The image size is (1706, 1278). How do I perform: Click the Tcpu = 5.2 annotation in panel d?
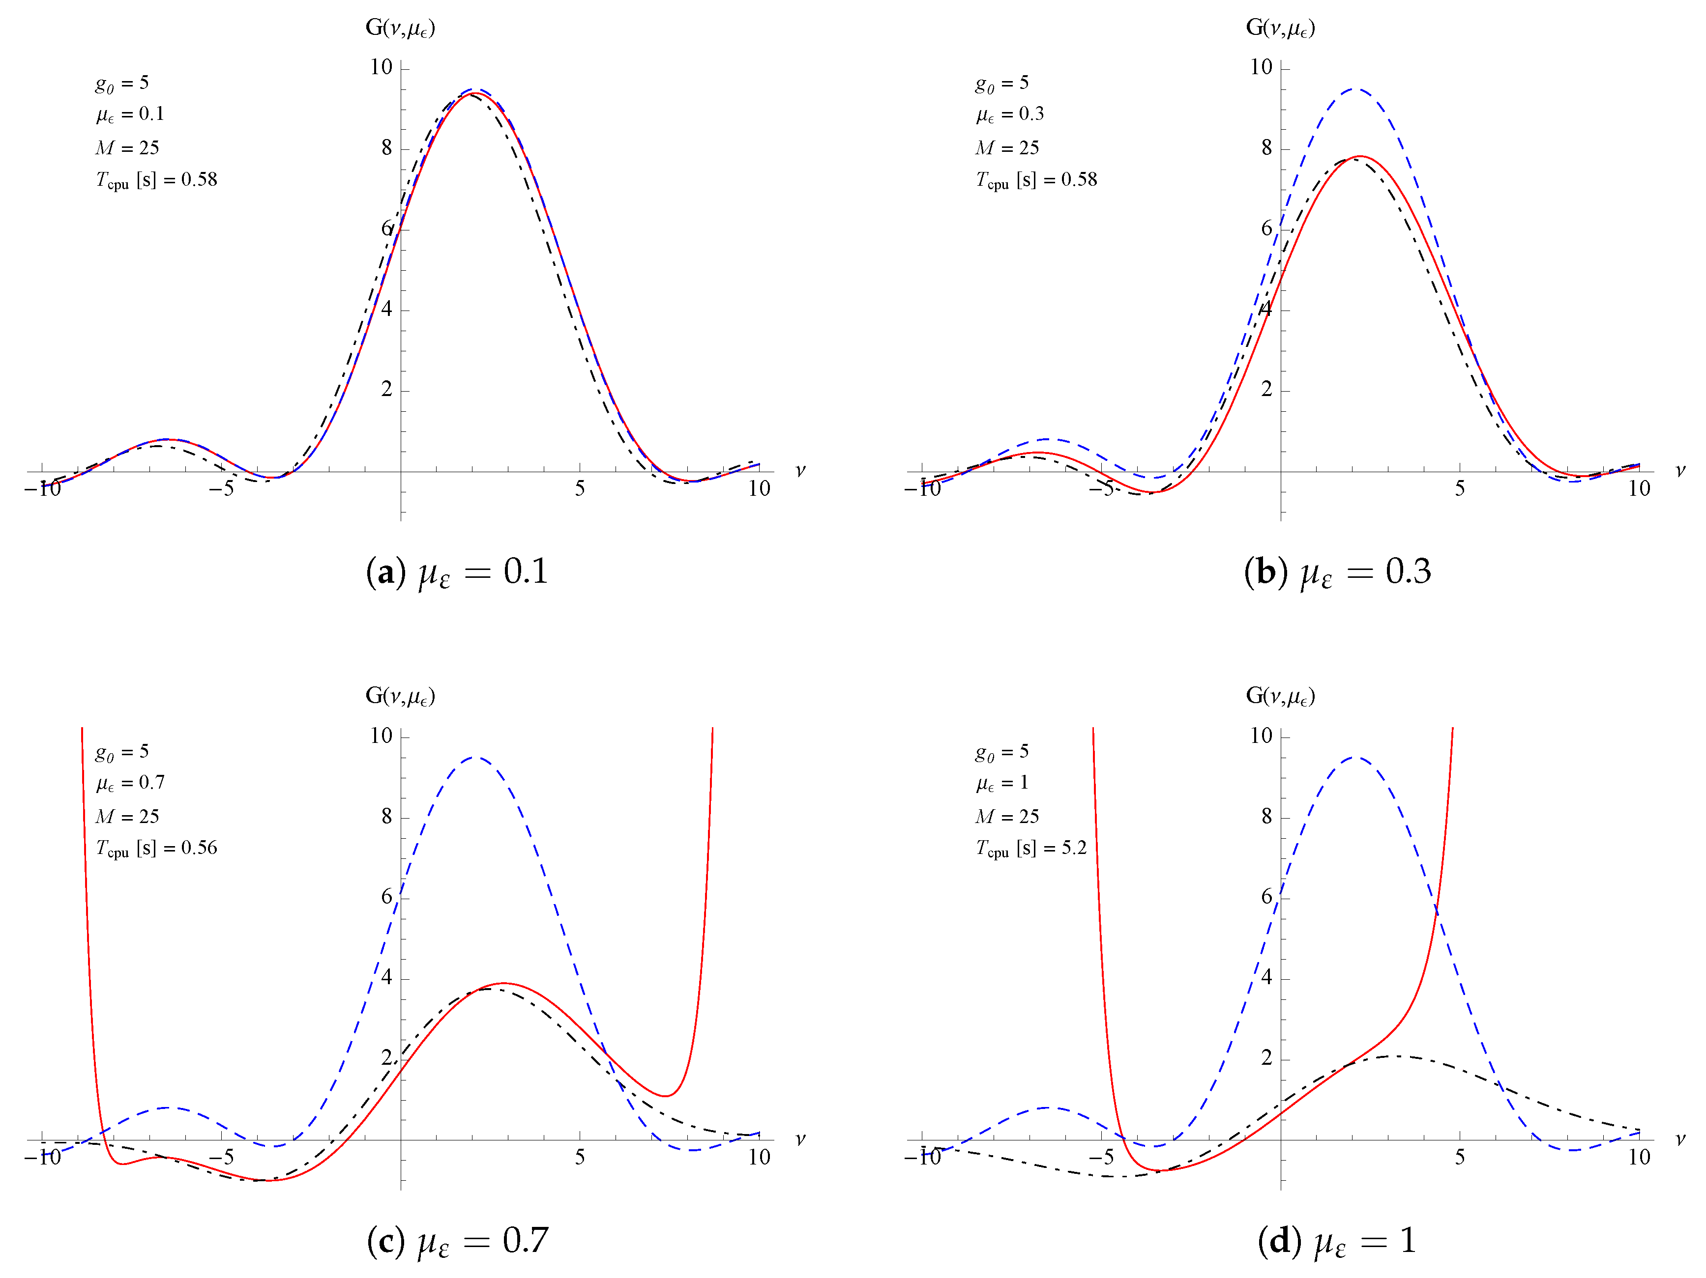pos(1030,849)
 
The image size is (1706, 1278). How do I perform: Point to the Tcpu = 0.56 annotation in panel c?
pos(156,849)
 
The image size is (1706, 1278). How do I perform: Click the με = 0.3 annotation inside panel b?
pos(1009,114)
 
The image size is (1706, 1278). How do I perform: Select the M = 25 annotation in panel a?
pos(127,147)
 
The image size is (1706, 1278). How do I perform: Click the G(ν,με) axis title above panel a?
pos(400,28)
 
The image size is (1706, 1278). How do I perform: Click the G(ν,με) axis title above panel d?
pos(1280,696)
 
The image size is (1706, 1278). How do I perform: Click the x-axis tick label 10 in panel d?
pos(1639,1157)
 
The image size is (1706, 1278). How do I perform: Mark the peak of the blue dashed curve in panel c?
pos(476,757)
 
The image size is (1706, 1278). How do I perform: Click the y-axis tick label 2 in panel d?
pos(1266,1058)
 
